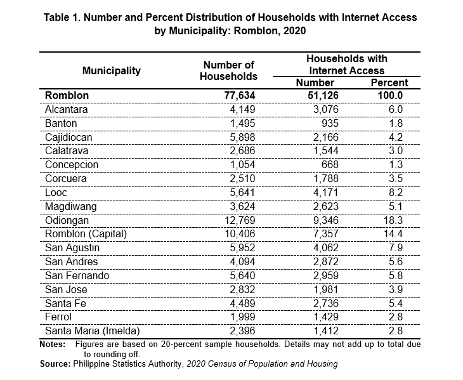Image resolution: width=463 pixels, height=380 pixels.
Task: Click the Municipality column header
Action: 112,71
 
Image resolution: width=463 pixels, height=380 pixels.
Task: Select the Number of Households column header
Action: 228,70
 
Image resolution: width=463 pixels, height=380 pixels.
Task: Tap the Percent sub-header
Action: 389,82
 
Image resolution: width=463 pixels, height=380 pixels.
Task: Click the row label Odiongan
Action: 67,221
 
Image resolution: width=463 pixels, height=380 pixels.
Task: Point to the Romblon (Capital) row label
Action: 86,234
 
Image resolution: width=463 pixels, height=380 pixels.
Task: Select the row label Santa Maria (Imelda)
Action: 92,331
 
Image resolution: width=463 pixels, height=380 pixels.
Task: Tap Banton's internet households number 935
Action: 330,124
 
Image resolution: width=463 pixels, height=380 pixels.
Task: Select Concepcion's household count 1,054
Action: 242,164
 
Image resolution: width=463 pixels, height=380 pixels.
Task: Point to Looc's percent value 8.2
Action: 396,192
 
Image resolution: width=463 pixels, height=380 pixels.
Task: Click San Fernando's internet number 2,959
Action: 326,276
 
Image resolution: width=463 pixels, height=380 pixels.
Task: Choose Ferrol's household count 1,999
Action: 242,317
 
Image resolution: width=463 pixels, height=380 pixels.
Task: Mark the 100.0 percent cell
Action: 390,96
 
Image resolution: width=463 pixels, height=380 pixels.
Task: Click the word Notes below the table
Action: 53,344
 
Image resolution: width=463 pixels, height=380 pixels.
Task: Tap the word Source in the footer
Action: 55,364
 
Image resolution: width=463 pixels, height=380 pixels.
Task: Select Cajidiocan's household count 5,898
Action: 242,137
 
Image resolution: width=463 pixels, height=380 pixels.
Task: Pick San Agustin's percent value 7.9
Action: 396,247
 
